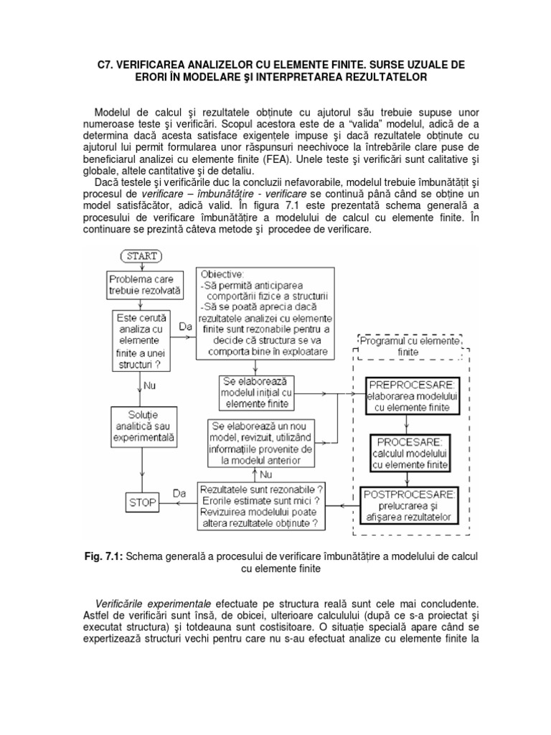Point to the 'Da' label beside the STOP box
pos(180,492)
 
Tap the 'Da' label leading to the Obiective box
pos(186,325)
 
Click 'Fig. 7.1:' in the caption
pos(106,557)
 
